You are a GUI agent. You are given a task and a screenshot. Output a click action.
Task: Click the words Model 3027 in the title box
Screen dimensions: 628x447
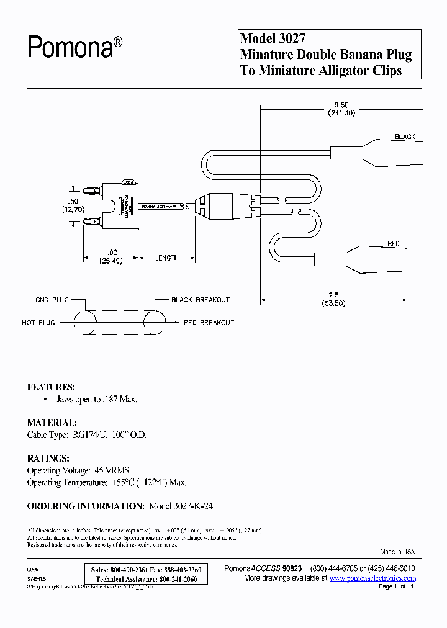273,38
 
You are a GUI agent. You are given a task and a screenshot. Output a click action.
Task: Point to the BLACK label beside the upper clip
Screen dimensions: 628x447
404,137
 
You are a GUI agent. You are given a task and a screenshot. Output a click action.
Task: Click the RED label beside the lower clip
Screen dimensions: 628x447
394,244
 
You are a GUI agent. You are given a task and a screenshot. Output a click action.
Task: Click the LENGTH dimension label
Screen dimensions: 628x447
166,258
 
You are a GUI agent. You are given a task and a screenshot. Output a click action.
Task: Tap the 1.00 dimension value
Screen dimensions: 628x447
110,253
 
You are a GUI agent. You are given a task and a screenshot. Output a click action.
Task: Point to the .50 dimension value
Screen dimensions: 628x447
74,202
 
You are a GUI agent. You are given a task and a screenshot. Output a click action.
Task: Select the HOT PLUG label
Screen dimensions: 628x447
38,323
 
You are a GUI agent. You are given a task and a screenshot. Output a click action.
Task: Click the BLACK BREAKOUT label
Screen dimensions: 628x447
200,300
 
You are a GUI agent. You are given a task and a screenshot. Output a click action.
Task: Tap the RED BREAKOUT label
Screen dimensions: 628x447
209,323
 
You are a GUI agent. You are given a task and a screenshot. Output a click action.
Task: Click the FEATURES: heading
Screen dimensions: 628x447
51,387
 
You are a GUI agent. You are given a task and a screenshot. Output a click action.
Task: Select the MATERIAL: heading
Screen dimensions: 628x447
52,423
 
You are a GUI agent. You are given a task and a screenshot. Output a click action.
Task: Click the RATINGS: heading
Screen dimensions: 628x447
48,458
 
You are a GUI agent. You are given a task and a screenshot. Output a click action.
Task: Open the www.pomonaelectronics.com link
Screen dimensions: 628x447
372,578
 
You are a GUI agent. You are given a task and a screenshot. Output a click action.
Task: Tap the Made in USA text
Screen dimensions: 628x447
397,552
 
